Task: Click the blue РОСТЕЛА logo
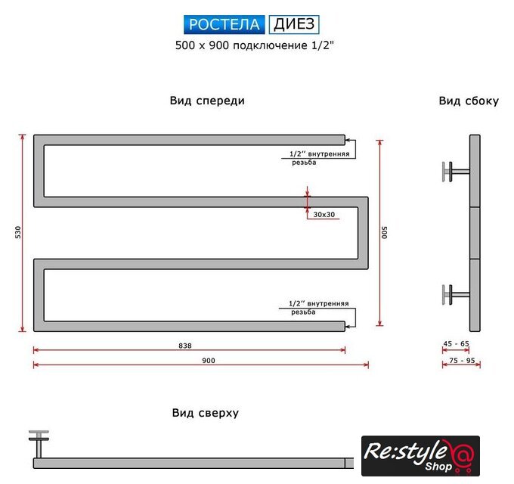click(x=224, y=25)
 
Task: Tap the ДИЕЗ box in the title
click(x=294, y=25)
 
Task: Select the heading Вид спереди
click(x=207, y=101)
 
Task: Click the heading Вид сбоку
click(x=469, y=101)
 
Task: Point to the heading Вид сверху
click(x=206, y=413)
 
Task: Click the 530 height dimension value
click(x=18, y=232)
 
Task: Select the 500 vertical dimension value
click(x=385, y=232)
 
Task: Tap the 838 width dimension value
click(x=185, y=346)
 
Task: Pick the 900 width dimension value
click(x=209, y=361)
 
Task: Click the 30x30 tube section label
click(x=324, y=215)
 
